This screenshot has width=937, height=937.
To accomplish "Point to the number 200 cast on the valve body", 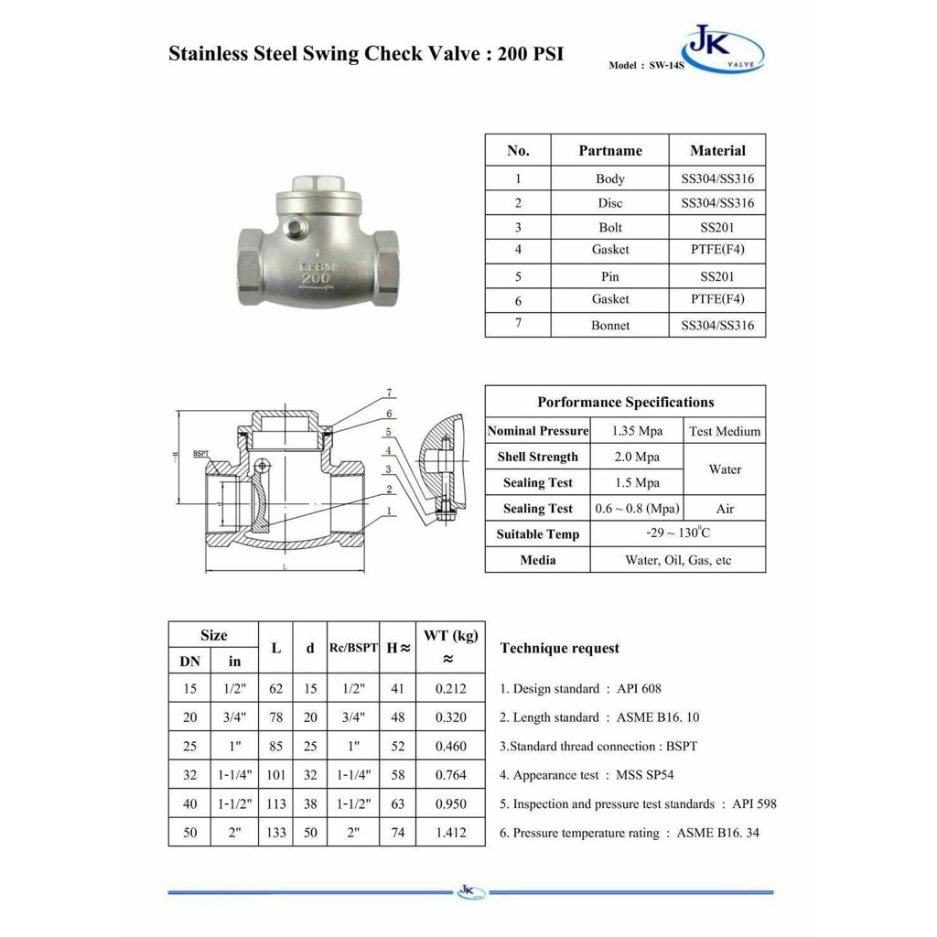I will click(316, 277).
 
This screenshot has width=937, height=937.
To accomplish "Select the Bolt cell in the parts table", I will click(610, 227).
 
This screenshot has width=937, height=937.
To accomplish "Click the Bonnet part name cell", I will click(610, 325).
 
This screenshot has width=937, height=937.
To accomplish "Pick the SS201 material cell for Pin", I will click(717, 275).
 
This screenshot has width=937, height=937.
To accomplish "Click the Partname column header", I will click(610, 151).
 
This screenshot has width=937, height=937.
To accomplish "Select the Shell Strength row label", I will click(538, 457).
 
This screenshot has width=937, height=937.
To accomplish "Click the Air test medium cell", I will click(725, 509).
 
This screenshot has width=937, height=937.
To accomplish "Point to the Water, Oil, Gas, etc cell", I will click(678, 560).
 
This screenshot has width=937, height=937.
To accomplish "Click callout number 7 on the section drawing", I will click(389, 393).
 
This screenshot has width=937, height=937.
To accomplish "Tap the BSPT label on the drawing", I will click(201, 453).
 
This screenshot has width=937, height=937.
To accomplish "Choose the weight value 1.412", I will click(450, 833).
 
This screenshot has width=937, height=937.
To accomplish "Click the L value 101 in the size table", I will click(275, 775).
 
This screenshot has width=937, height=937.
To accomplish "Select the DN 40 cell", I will click(189, 804).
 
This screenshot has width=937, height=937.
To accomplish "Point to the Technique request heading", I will click(559, 649).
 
